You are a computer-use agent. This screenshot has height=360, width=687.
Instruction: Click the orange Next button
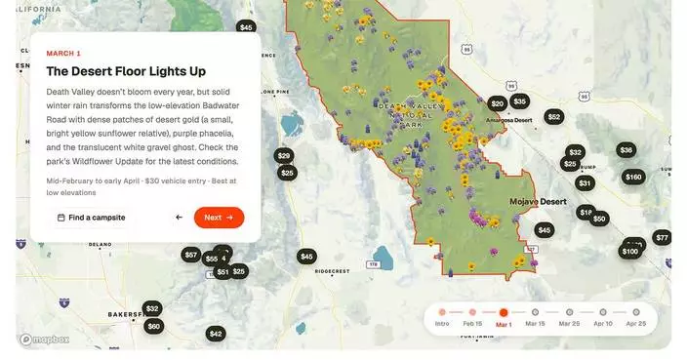(x=219, y=218)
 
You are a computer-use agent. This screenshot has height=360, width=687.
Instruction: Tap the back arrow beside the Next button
(x=179, y=218)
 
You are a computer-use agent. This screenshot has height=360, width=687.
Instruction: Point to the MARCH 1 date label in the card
(x=63, y=53)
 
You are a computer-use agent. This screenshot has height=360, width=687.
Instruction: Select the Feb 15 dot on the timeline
(x=472, y=312)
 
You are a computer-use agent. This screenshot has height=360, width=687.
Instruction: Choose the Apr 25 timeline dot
(x=635, y=312)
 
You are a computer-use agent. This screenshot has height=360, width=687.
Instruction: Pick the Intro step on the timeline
(x=442, y=312)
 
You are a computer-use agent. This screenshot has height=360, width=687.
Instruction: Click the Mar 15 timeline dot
(x=535, y=312)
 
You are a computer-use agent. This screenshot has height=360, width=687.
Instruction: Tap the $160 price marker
(x=633, y=178)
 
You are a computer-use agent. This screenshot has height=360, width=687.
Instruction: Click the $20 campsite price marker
(x=498, y=103)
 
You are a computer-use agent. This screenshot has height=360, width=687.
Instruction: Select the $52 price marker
(x=553, y=117)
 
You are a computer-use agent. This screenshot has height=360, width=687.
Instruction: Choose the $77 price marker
(x=662, y=238)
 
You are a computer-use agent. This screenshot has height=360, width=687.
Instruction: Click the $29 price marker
(x=283, y=156)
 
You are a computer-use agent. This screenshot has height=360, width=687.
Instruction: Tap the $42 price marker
(x=216, y=334)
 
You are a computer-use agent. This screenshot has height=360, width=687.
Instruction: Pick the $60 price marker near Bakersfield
(x=153, y=326)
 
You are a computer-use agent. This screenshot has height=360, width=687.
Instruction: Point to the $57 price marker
(x=190, y=255)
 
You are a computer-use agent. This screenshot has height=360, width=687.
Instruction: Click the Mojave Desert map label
(x=538, y=202)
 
